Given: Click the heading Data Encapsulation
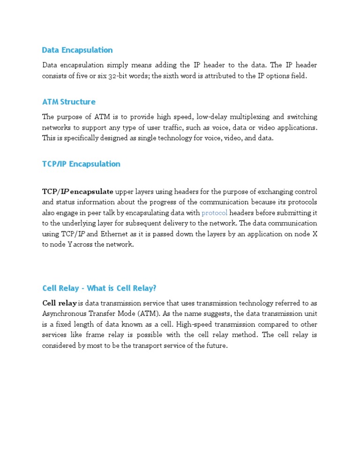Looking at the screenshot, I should pyautogui.click(x=77, y=50).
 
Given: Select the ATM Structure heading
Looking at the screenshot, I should pyautogui.click(x=68, y=102).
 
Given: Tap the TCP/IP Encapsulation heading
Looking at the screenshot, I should pyautogui.click(x=81, y=164).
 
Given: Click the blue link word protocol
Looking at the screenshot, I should pyautogui.click(x=214, y=213).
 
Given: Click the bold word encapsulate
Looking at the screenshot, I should pyautogui.click(x=91, y=191).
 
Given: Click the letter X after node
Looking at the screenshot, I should pyautogui.click(x=315, y=233).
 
